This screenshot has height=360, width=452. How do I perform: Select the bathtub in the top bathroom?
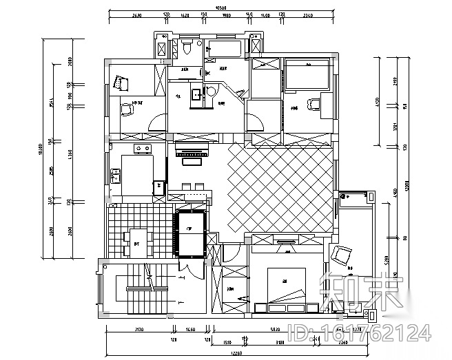tap(223, 49)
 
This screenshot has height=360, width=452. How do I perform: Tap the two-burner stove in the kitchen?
tap(143, 148)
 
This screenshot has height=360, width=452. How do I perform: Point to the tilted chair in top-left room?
tap(122, 83)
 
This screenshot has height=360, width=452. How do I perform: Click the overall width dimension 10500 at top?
tap(220, 8)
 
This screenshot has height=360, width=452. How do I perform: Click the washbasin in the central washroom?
tap(195, 94)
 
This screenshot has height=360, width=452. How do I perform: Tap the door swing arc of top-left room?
tap(157, 124)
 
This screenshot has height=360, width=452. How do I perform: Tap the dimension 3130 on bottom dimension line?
tap(136, 330)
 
